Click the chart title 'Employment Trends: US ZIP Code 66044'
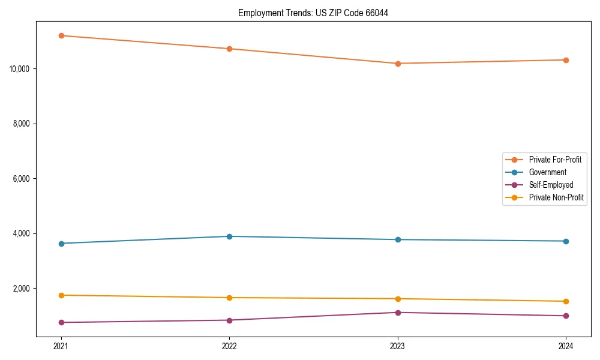(313, 13)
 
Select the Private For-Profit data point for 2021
(61, 35)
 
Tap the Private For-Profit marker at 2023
(398, 64)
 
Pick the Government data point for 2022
(229, 236)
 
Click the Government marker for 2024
(566, 241)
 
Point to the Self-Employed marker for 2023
(398, 313)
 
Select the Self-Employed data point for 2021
(61, 322)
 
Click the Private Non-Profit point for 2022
(229, 298)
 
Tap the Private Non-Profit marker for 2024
(566, 301)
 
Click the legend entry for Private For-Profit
(554, 160)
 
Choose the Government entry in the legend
(547, 172)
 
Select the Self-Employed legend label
(551, 185)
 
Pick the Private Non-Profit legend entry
(556, 197)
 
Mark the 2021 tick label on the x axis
(61, 346)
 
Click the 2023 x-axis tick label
(398, 346)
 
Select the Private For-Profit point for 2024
(566, 60)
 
